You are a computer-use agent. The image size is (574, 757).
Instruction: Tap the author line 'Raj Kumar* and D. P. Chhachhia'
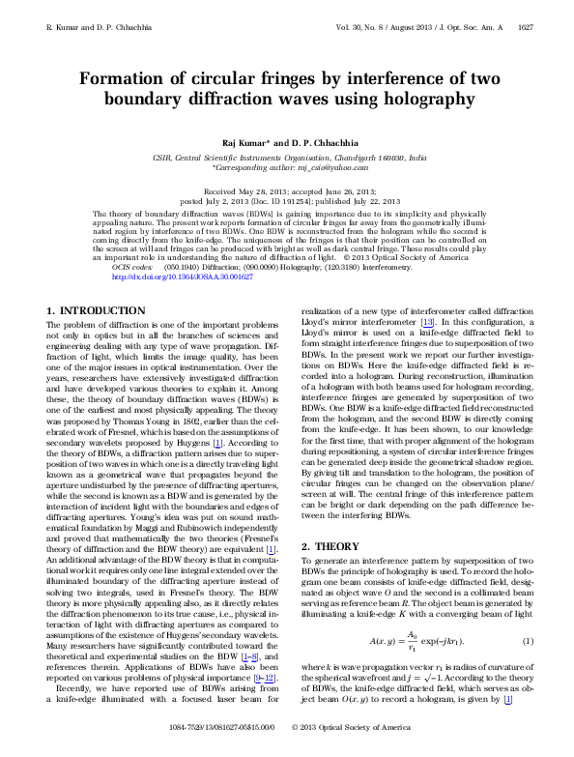pyautogui.click(x=287, y=141)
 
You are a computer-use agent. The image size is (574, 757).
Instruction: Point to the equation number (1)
pyautogui.click(x=528, y=643)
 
